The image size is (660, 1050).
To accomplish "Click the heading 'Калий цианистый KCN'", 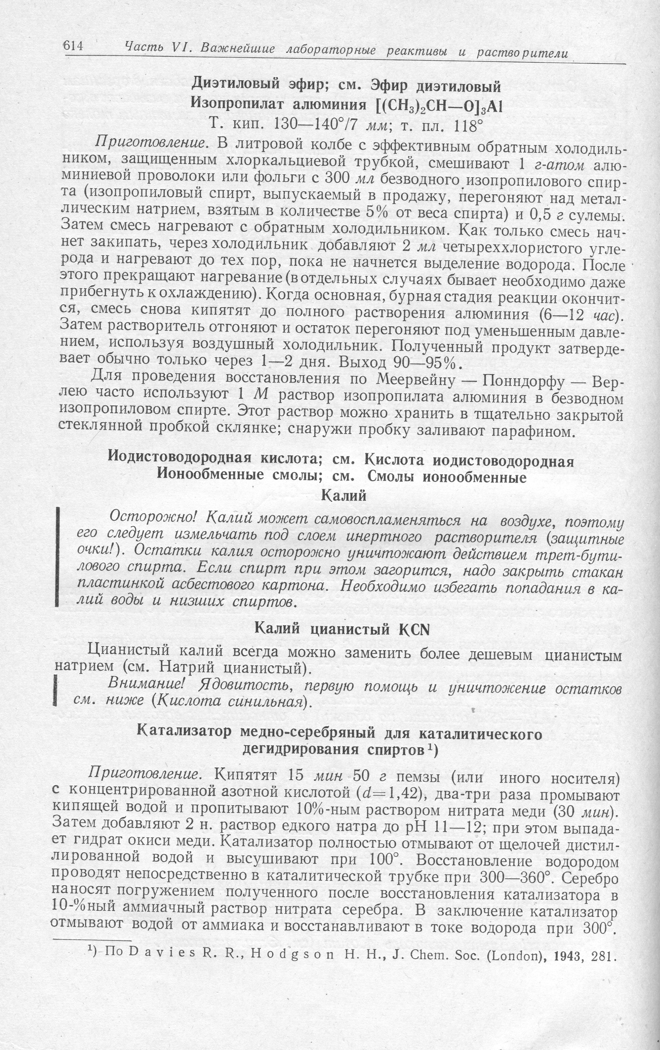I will (342, 630).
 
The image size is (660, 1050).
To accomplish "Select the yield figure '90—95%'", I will (427, 363).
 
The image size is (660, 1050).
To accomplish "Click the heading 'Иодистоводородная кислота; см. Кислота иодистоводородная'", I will (341, 461).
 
